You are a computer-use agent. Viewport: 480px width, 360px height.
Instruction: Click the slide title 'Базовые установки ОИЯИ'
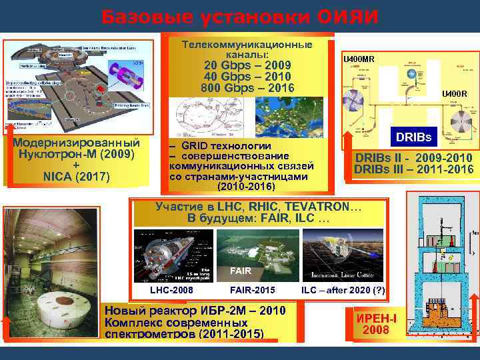click(240, 16)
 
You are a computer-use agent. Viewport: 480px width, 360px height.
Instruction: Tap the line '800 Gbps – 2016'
click(247, 87)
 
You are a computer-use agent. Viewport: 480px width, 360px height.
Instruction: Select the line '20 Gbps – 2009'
click(247, 65)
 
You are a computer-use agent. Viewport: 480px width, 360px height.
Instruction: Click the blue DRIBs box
click(414, 138)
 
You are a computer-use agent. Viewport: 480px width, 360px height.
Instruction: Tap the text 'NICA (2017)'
click(76, 177)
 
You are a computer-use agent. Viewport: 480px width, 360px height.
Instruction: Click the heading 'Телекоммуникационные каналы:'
click(247, 49)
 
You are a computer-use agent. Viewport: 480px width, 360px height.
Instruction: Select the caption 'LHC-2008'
click(170, 290)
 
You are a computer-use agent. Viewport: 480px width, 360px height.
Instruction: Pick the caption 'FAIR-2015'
click(252, 290)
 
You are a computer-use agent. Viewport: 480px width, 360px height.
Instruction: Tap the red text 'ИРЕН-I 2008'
click(377, 324)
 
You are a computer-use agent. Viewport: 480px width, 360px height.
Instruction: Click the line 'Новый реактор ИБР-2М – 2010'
click(195, 311)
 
